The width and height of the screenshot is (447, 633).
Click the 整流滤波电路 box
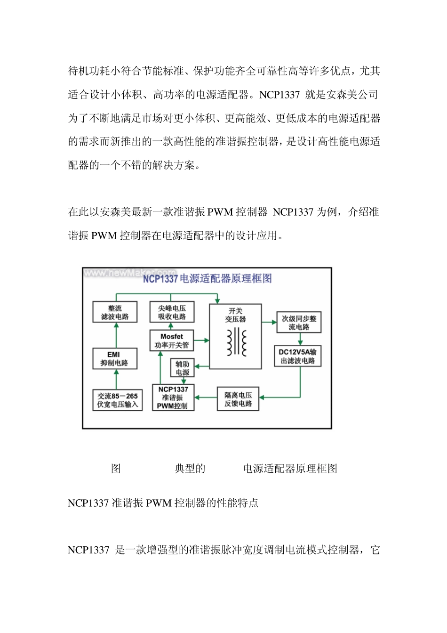pyautogui.click(x=115, y=312)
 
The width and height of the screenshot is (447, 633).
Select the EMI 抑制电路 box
pyautogui.click(x=115, y=358)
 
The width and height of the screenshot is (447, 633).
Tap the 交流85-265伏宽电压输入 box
pyautogui.click(x=117, y=400)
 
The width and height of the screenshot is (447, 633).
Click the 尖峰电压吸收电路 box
pyautogui.click(x=172, y=312)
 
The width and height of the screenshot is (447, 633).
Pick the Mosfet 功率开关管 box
pyautogui.click(x=171, y=341)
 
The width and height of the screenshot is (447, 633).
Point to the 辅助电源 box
pyautogui.click(x=182, y=368)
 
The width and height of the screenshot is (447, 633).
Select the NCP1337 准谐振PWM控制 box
pyautogui.click(x=173, y=398)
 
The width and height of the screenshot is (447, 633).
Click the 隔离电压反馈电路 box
pyautogui.click(x=238, y=399)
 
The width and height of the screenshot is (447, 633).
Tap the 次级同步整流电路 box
pyautogui.click(x=299, y=323)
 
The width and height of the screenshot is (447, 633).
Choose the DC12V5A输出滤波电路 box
pyautogui.click(x=297, y=356)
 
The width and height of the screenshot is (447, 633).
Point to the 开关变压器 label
pyautogui.click(x=235, y=315)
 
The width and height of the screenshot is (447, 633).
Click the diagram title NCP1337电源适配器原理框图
pyautogui.click(x=207, y=278)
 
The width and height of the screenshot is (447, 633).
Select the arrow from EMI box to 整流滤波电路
pyautogui.click(x=116, y=335)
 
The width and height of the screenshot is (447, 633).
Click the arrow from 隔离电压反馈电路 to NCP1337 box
pyautogui.click(x=206, y=398)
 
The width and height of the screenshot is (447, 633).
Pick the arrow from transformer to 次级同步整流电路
pyautogui.click(x=269, y=323)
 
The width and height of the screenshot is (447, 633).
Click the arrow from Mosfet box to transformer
pyautogui.click(x=201, y=340)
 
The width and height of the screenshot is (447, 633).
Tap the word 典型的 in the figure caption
pyautogui.click(x=190, y=469)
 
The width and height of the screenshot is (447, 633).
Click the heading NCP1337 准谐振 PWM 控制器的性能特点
pyautogui.click(x=163, y=503)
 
